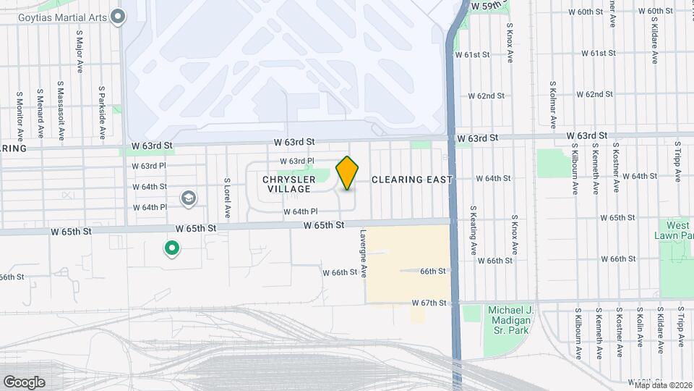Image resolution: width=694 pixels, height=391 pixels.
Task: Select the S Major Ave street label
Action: point(80,51)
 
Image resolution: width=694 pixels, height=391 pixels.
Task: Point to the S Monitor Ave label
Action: point(20,115)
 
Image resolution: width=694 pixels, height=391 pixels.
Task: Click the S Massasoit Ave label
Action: point(61,114)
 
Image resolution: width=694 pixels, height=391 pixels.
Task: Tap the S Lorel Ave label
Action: point(227,198)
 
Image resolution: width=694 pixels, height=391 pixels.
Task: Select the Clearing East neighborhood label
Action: point(412,180)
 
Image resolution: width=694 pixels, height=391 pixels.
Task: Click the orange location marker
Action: point(348,172)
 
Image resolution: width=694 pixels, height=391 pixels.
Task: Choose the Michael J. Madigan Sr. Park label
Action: point(510,320)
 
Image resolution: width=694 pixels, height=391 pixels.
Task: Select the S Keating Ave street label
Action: point(474,229)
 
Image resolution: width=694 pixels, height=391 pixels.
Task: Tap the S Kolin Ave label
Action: point(641,334)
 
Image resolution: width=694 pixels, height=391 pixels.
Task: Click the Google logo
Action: point(24,382)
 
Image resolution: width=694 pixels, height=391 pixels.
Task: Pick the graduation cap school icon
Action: point(188,198)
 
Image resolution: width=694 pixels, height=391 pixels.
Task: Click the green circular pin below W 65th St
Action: point(172,249)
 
